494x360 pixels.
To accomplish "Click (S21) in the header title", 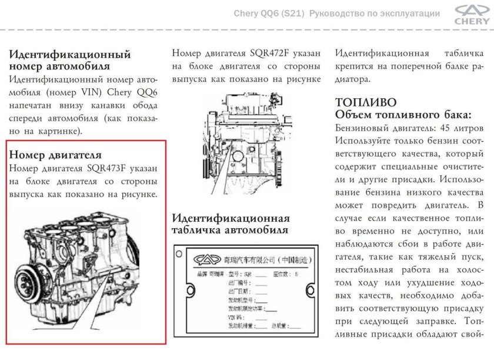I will click(291, 14).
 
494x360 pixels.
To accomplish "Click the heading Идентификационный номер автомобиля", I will click(69, 60).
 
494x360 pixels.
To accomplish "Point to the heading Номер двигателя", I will click(56, 155).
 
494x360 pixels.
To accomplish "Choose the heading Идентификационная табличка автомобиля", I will click(230, 224).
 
